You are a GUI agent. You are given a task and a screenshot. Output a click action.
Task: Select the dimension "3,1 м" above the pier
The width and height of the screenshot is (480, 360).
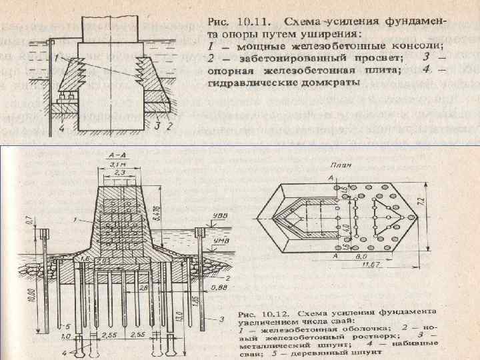(121, 164)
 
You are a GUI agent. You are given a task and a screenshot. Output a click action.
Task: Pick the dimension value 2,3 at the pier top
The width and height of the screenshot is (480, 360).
(120, 173)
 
